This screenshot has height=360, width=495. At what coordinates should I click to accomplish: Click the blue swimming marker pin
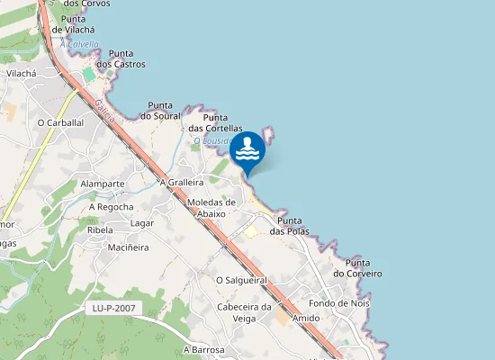tap(247, 151)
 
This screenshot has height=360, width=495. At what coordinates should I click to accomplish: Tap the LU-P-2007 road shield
tap(113, 309)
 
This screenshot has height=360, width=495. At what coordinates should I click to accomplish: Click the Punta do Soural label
tap(161, 109)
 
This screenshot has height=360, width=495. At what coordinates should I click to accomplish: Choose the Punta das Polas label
tap(293, 226)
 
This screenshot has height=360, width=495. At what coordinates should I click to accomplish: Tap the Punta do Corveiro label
tap(357, 267)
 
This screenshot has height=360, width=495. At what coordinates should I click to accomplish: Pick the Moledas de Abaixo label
tap(211, 208)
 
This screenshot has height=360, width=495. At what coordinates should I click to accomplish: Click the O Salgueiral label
tap(242, 280)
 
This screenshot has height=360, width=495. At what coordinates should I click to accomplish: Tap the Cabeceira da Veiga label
tap(245, 311)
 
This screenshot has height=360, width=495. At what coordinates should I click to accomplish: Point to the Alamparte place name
tap(102, 184)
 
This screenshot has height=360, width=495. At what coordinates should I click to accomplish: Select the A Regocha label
tap(111, 207)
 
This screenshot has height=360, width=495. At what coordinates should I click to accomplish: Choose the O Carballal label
tap(60, 122)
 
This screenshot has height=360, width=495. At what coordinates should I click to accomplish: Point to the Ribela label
tap(100, 229)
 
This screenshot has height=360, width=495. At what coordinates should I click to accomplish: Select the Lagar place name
tap(142, 223)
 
